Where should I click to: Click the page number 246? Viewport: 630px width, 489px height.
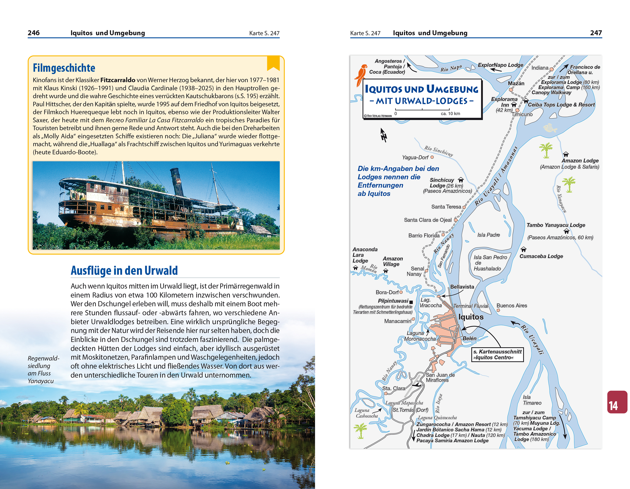tap(33, 33)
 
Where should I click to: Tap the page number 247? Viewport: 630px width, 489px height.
tap(596, 33)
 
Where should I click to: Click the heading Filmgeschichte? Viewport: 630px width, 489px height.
tap(64, 68)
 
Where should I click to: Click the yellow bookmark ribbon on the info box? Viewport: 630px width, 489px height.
tap(273, 63)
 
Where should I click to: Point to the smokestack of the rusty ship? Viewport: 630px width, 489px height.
tap(177, 181)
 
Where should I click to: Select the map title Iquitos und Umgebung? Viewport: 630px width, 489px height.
tap(421, 89)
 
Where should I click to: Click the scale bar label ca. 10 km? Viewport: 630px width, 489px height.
tap(450, 113)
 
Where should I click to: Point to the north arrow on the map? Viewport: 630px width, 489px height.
tap(383, 135)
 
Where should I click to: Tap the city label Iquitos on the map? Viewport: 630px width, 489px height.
tap(471, 317)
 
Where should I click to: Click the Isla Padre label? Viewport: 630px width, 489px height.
tap(488, 235)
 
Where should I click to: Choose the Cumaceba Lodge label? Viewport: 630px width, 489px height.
tap(541, 256)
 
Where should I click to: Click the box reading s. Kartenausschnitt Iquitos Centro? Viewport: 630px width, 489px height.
tap(497, 355)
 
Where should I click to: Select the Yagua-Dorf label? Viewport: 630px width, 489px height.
tap(415, 157)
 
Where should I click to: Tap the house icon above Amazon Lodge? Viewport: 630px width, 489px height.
tap(566, 154)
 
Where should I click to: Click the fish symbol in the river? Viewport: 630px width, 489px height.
tap(550, 128)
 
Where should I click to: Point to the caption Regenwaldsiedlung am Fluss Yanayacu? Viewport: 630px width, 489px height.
tap(43, 370)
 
